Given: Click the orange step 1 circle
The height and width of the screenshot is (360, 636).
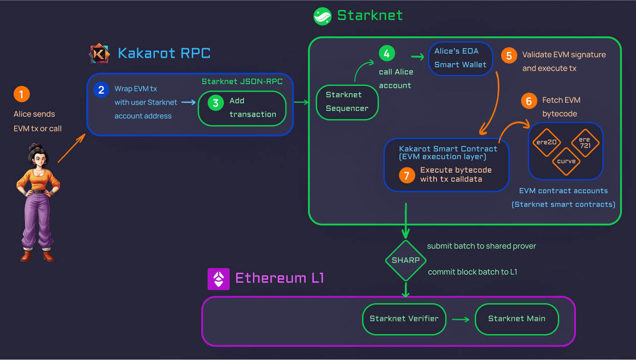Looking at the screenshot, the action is pos(22,94).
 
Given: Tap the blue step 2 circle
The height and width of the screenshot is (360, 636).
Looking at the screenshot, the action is pos(101,90).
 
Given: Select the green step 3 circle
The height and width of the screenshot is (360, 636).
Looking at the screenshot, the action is pos(216,103).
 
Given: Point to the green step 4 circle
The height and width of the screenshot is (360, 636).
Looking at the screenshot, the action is pos(387,53).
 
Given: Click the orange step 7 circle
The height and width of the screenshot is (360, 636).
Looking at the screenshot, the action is pos(407,175).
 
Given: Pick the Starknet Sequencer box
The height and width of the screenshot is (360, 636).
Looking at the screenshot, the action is pos(347,102).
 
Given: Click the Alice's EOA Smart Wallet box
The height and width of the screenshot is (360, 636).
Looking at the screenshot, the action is pos(461,59).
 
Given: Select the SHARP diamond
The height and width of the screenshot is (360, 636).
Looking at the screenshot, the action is pos(406,260).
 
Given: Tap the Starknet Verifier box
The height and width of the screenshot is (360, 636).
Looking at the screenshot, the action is pos(404,319).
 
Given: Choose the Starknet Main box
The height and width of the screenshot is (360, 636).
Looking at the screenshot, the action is pos(517,319).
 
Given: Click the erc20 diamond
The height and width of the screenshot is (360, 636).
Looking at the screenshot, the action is pos(547,142).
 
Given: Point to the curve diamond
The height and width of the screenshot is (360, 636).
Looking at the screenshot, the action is pos(566,161).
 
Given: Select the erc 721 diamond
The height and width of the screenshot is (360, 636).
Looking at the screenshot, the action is pos(585,143).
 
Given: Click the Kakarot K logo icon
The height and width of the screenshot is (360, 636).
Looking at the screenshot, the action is pos(99,54).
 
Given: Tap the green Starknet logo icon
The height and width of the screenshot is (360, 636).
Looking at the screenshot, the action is pos(322,16).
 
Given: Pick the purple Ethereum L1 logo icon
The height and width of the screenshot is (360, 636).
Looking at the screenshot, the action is pos(219,279).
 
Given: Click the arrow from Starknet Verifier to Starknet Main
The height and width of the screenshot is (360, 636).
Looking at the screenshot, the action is pos(461,320).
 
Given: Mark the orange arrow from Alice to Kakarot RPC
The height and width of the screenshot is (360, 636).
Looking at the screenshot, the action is pos(72,148).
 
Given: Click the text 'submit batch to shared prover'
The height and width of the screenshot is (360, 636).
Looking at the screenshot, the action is pos(482,246).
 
